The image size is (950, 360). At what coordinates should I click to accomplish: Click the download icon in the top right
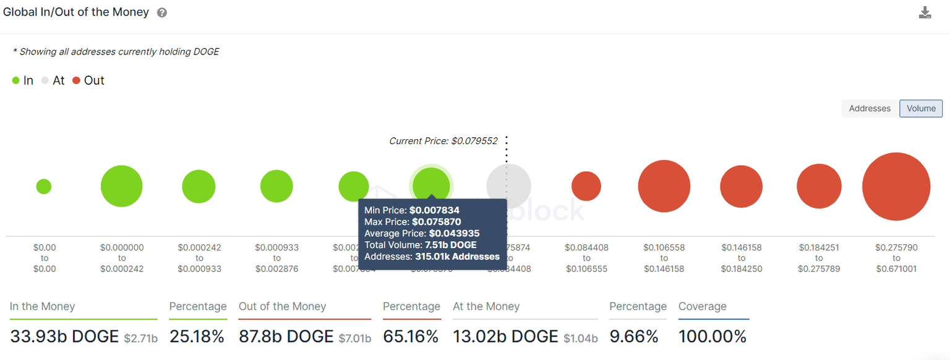click(925, 13)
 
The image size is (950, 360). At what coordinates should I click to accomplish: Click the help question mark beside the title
click(162, 13)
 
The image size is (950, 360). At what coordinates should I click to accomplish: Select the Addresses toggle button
click(869, 108)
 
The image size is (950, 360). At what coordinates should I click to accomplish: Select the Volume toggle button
click(921, 108)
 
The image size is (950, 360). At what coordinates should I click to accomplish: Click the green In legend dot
click(16, 80)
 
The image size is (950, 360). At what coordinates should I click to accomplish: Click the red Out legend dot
click(77, 80)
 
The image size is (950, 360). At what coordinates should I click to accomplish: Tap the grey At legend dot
click(45, 80)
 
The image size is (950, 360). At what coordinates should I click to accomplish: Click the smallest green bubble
click(43, 186)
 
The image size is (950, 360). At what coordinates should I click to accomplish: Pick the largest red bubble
click(896, 186)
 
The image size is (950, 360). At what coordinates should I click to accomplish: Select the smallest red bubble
click(586, 186)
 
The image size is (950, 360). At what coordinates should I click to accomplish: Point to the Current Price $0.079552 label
click(443, 141)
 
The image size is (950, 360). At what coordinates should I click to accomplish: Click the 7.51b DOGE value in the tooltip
click(450, 245)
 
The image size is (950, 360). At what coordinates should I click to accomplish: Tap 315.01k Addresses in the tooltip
click(457, 256)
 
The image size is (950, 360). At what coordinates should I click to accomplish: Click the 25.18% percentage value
click(196, 336)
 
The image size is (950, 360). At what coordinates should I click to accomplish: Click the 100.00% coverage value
click(712, 336)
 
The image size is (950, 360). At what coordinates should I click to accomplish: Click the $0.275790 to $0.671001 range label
click(896, 258)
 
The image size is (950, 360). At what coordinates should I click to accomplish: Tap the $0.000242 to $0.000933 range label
click(199, 258)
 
